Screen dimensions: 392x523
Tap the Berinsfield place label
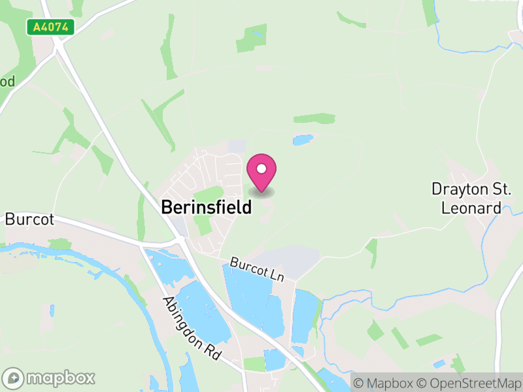point(206,208)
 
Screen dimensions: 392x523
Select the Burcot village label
point(29,219)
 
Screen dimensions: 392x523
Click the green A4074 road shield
point(51,27)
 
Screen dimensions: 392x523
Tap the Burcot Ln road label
point(257,269)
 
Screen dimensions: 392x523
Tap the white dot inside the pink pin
point(261,169)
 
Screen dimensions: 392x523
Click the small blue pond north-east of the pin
point(303,140)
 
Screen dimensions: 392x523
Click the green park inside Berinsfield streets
point(209,195)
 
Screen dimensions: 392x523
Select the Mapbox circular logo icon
point(14,378)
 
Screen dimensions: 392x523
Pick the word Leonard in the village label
point(471,208)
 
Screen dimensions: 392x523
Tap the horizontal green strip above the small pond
point(314,119)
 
